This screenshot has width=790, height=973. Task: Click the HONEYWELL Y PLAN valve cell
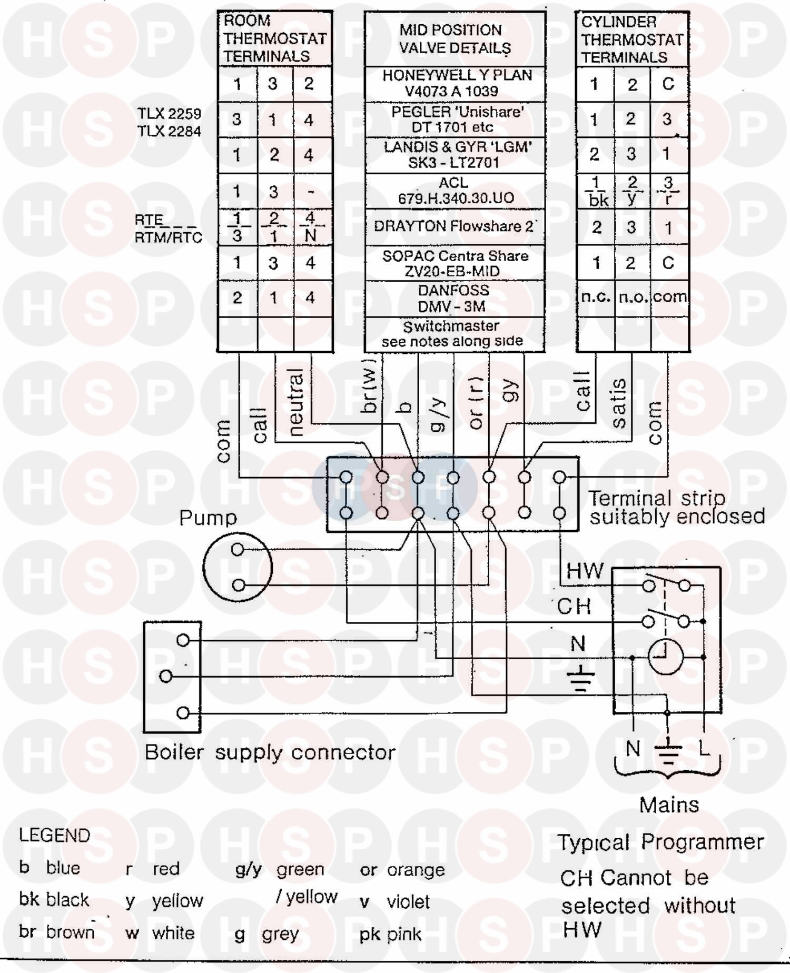[455, 83]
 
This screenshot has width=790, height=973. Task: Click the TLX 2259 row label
[169, 114]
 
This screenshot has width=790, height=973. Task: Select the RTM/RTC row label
[169, 237]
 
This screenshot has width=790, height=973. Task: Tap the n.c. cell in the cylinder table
[595, 297]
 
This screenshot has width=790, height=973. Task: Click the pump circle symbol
[238, 567]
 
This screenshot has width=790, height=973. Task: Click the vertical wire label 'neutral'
[297, 403]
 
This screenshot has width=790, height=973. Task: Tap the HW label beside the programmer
[585, 571]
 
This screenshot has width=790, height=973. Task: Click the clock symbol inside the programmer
[665, 657]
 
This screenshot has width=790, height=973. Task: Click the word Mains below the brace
[669, 805]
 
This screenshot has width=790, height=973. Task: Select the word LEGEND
[55, 836]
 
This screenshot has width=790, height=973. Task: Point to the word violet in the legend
[408, 902]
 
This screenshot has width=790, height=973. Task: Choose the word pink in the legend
[404, 934]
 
